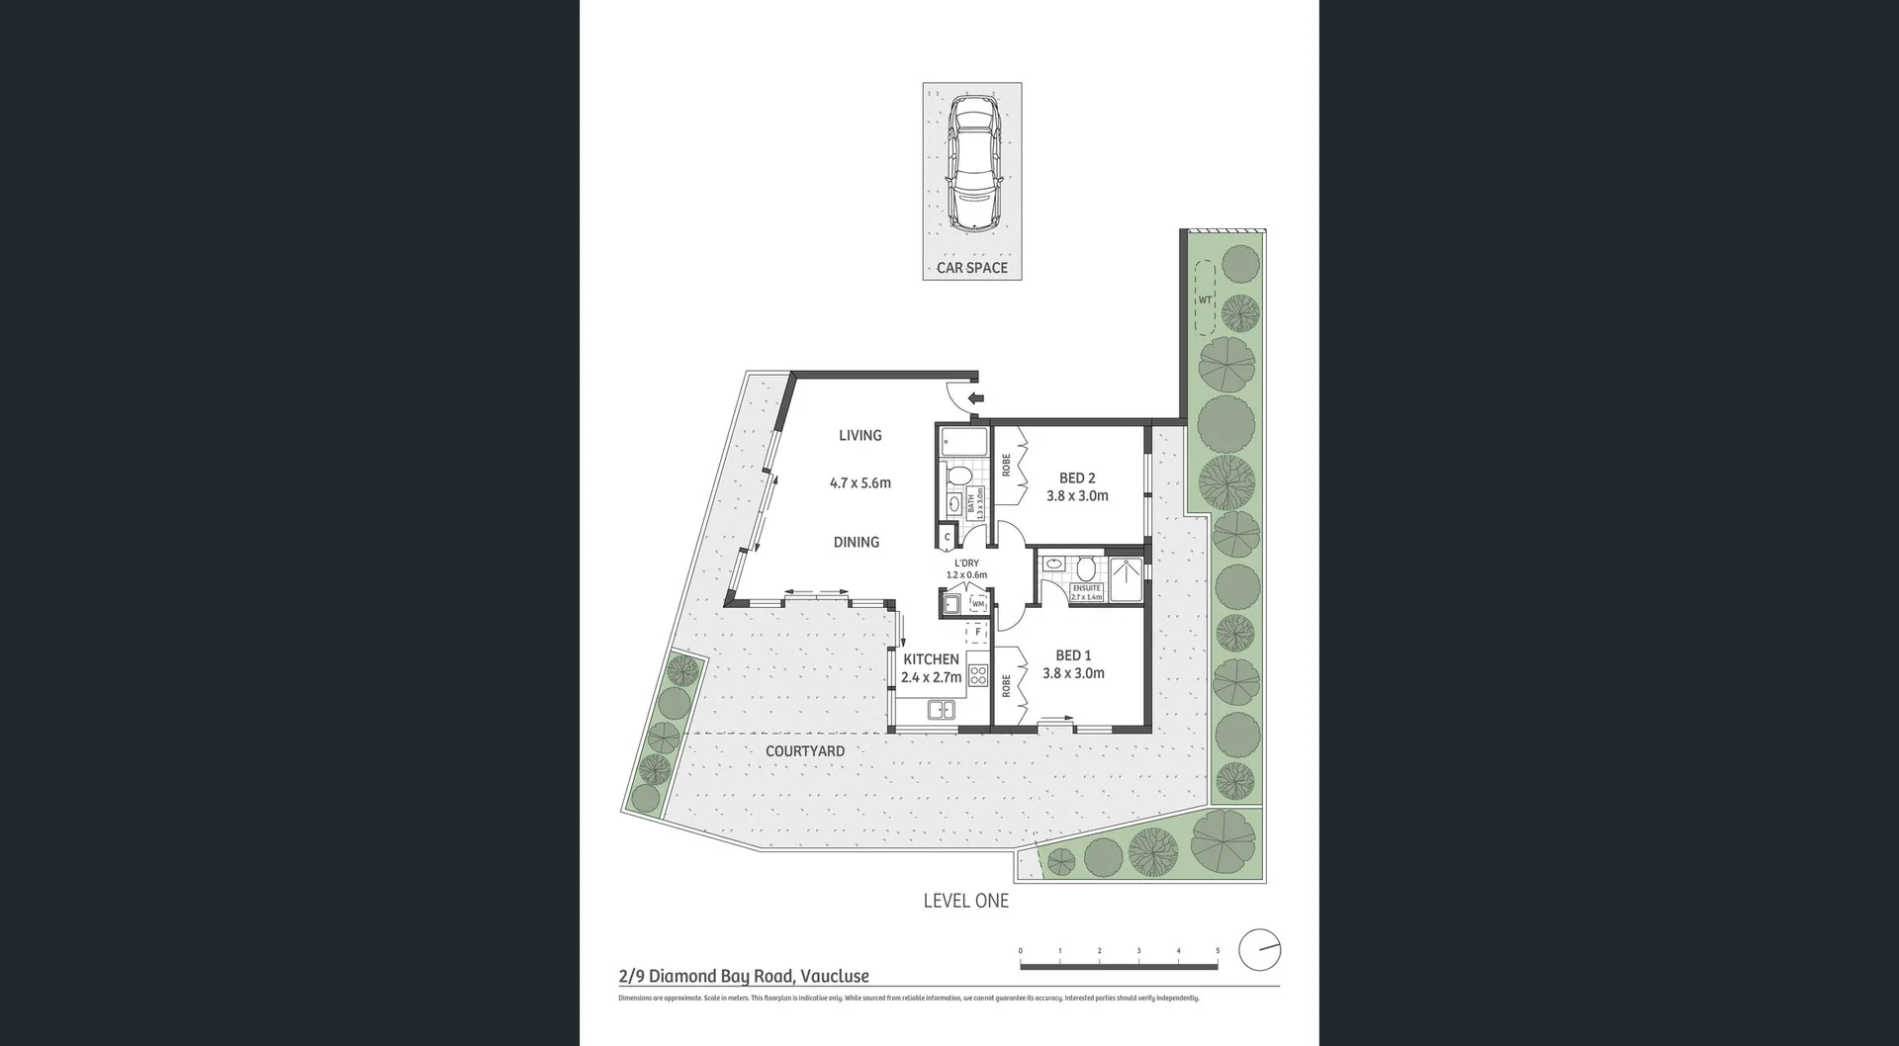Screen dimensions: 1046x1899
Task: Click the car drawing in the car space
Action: coord(974,163)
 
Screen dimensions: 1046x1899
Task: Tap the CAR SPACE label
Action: coord(971,268)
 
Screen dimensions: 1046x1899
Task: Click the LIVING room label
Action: coord(859,435)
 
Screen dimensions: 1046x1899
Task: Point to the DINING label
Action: coord(856,542)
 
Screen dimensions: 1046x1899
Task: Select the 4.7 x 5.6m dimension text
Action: coord(859,483)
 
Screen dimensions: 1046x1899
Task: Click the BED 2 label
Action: coord(1077,479)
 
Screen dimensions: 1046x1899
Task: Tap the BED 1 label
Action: coord(1073,655)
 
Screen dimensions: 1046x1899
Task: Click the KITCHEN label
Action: coord(931,659)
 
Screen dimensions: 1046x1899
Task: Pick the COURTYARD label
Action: coord(805,751)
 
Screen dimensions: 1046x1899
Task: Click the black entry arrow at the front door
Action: coord(976,398)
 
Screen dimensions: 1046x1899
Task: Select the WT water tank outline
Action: coord(1205,299)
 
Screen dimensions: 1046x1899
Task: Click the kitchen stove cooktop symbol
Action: coord(978,675)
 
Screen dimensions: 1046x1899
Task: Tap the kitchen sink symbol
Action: coord(941,709)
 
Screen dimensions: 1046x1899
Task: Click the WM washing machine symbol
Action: coord(978,603)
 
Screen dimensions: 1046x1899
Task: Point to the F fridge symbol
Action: coord(977,632)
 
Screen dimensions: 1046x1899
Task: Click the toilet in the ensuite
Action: coord(1086,568)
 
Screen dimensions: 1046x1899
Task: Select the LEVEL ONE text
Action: coord(965,901)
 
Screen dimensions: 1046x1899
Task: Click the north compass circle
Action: coord(1260,950)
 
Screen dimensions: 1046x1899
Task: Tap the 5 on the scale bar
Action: coord(1218,951)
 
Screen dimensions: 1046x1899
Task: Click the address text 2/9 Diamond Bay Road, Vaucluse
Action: coord(744,976)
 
